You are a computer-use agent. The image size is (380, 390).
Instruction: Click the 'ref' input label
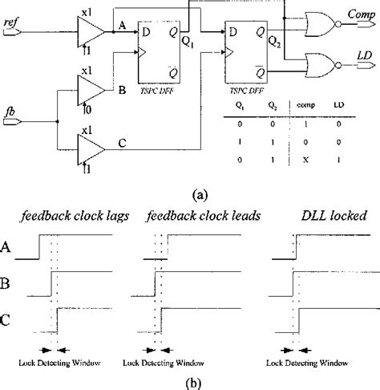point(13,22)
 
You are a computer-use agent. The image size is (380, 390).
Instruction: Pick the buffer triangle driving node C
point(90,144)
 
